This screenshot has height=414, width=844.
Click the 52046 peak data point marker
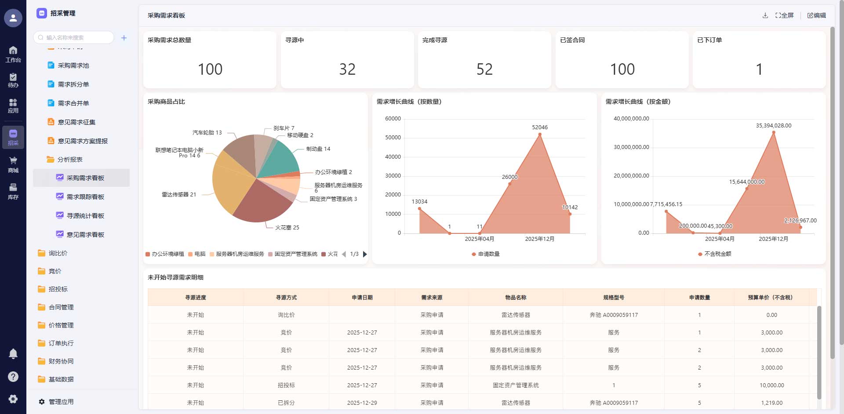540,134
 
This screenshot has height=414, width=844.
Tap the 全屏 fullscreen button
785,15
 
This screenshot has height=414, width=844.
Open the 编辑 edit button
817,15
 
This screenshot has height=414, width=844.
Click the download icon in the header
765,15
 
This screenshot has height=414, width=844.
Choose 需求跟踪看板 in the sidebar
85,197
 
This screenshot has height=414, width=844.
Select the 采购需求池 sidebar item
73,65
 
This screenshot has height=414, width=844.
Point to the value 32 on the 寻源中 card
347,69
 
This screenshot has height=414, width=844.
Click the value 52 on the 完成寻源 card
484,69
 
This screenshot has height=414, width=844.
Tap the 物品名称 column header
516,298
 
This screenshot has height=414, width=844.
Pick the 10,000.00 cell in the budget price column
771,385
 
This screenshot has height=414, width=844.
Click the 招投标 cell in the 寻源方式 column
286,385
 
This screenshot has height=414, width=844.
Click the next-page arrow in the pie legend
365,254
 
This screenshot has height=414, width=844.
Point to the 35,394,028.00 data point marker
774,132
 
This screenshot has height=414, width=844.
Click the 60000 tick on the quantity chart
393,119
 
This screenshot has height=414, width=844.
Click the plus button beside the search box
124,38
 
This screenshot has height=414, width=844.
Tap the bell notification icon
13,354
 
